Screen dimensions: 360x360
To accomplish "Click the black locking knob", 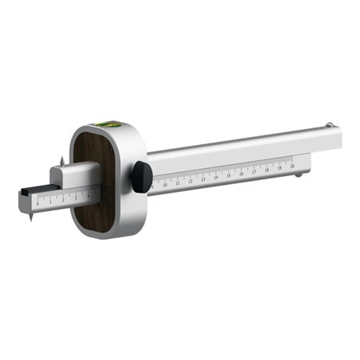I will (143, 177).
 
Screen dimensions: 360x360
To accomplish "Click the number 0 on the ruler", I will (37, 204).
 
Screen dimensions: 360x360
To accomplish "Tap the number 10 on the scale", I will (165, 184).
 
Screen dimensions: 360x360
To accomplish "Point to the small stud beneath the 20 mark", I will (298, 174).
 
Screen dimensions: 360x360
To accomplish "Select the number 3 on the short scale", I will (76, 198).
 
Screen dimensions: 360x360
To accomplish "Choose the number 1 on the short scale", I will (49, 202).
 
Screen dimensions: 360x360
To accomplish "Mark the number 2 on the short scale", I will (62, 200).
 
